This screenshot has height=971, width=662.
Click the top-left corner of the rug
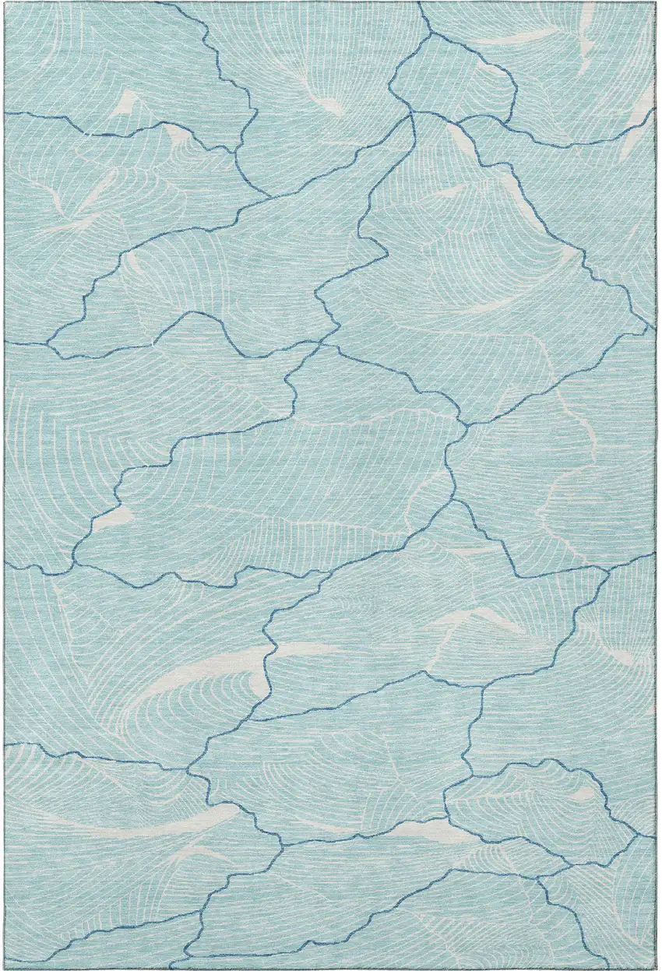pos(4,3)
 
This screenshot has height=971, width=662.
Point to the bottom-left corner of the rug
pos(4,967)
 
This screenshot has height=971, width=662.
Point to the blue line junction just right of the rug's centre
pos(465,425)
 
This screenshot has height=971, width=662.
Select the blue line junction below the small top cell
pos(414,113)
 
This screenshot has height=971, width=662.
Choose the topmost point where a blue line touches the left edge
pos(5,113)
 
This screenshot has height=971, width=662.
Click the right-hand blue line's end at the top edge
pos(420,3)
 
